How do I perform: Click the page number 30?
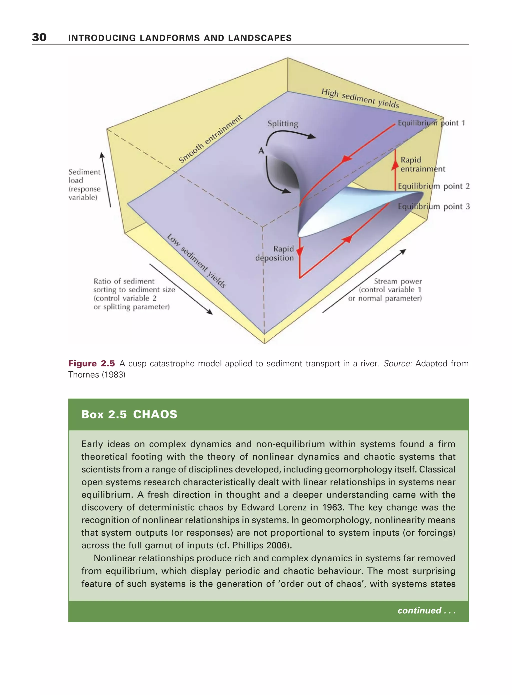39,37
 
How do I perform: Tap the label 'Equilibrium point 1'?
431,123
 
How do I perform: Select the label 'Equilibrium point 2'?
433,186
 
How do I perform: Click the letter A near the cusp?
261,151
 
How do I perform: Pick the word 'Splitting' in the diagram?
283,124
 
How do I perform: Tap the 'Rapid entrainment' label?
422,164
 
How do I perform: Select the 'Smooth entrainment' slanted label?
210,139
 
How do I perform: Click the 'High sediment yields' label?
360,98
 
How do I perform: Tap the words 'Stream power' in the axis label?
398,281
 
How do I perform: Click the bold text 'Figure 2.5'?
91,363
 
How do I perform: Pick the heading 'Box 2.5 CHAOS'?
129,414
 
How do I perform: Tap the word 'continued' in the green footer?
419,610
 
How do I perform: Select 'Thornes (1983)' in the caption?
97,375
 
